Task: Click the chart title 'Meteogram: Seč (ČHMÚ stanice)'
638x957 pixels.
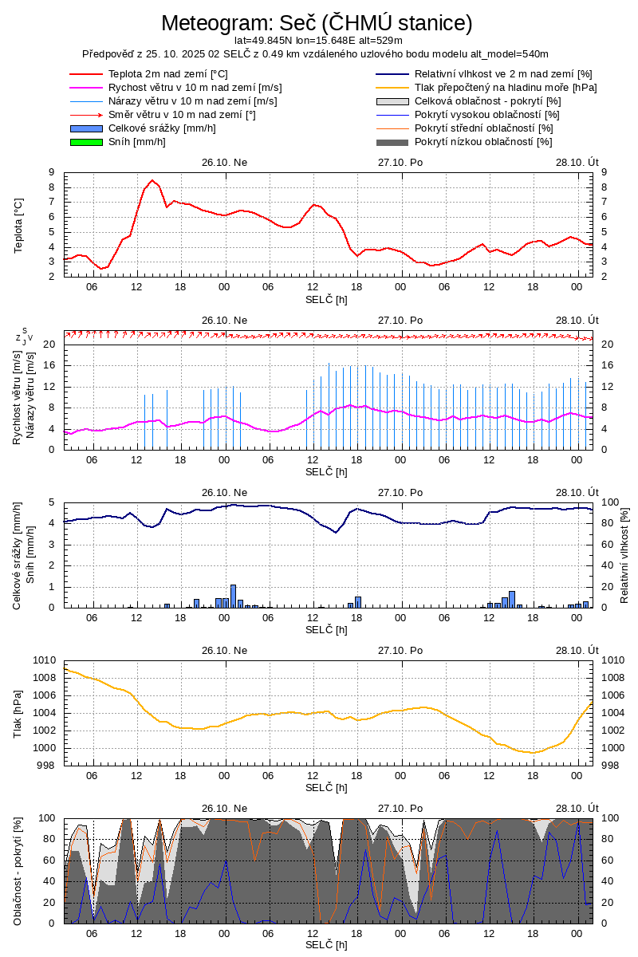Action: coord(317,23)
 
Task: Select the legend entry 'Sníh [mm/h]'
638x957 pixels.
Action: coord(136,142)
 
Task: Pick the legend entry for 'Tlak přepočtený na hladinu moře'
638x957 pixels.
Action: coord(505,88)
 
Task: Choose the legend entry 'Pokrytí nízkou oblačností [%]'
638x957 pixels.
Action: coord(483,142)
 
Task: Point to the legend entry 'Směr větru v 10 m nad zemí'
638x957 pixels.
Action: coord(181,115)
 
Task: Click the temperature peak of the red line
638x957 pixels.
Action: coord(152,180)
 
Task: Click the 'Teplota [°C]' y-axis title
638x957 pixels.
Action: coord(19,225)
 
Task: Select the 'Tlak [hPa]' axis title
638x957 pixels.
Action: coord(19,713)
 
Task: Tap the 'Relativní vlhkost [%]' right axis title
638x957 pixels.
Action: coord(624,554)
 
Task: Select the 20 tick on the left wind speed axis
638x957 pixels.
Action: coord(49,345)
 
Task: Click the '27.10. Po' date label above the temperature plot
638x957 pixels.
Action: coord(400,162)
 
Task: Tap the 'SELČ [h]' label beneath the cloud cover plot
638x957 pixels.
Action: coord(326,945)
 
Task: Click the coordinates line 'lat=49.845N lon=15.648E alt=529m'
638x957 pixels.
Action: coord(318,40)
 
